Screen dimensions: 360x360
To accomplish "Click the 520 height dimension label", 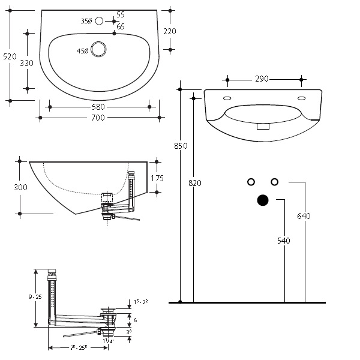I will coord(9,56).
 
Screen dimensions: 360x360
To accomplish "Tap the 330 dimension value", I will coord(26,62).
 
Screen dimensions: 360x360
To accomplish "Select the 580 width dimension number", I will coord(98,107).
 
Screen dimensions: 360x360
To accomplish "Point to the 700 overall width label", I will coord(98,118).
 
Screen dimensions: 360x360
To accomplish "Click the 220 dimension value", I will coord(170,31).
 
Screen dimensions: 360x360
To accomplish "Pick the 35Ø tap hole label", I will coord(86,21).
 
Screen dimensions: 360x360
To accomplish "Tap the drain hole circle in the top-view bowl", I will coord(98,51).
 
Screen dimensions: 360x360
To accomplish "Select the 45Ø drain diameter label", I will coord(82,51).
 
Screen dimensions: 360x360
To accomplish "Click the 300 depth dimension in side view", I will coord(20,187).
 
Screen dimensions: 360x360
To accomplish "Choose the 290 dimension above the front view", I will coord(262,79).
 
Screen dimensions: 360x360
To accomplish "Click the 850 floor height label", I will coord(180,146).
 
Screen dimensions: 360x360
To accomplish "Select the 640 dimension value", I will coord(304,216).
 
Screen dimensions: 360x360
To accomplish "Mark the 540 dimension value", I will coord(284,241).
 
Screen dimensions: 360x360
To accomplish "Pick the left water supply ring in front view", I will coord(251,182).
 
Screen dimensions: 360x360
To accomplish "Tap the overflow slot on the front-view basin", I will coord(263,127).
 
